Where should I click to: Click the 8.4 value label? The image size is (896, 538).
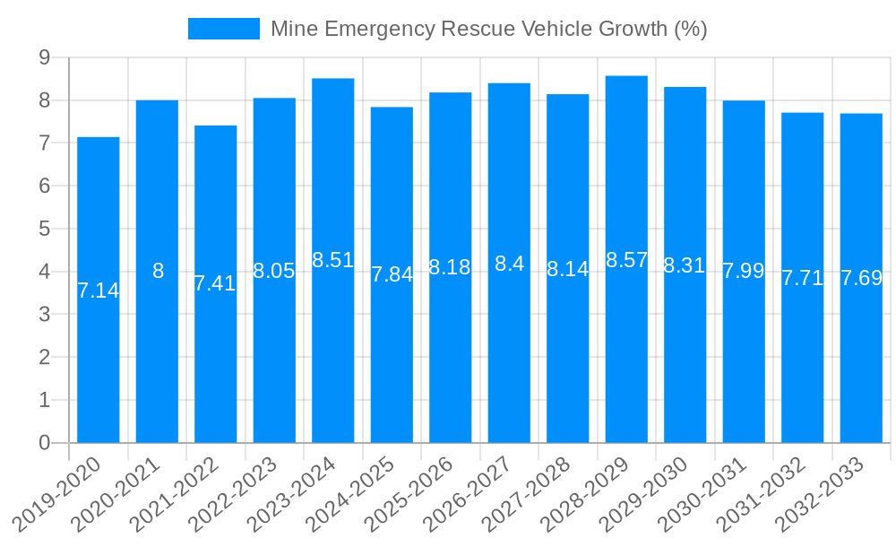509,264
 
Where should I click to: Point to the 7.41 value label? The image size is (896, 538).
215,283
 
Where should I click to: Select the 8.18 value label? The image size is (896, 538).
450,267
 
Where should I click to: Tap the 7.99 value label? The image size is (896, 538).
743,271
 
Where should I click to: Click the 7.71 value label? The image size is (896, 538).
802,278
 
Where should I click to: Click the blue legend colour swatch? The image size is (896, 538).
223,29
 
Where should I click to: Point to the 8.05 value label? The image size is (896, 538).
274,271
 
